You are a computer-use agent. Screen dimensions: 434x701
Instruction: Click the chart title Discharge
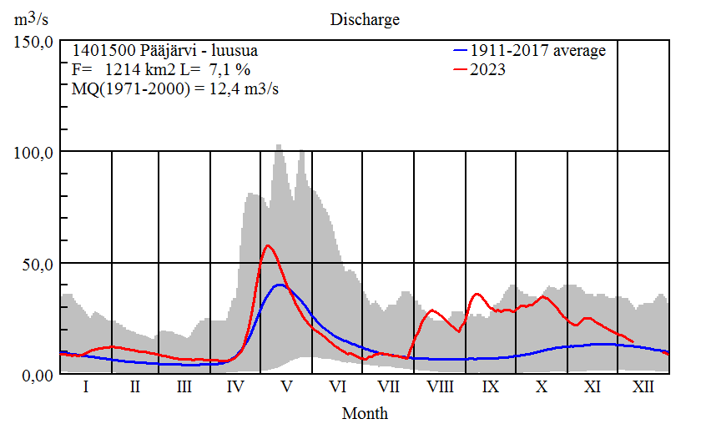tap(365, 19)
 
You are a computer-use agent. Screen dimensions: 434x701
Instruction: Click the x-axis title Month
tap(365, 412)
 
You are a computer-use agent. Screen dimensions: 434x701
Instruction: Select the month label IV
tap(235, 388)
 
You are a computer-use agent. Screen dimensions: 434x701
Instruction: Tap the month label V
tap(286, 388)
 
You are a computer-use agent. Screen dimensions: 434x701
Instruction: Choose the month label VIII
tap(440, 388)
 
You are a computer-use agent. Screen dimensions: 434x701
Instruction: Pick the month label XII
tap(643, 388)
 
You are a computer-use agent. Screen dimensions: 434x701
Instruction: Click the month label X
tap(542, 388)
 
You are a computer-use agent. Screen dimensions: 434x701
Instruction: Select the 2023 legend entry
tap(488, 70)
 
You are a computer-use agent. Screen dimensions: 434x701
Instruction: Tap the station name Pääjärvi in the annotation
tap(170, 50)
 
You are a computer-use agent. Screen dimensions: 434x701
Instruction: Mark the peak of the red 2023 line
tap(267, 245)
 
